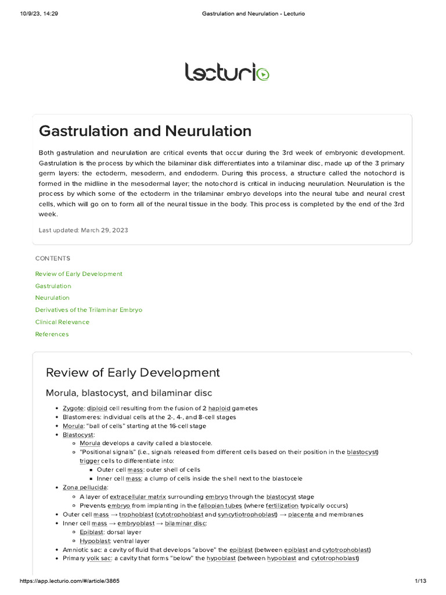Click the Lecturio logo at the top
click(226, 73)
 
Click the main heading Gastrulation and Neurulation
click(145, 131)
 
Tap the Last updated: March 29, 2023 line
click(83, 230)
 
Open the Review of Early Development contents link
click(78, 274)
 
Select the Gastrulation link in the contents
click(53, 286)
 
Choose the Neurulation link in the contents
click(52, 297)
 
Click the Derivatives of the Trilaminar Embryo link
click(88, 310)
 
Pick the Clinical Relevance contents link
click(62, 322)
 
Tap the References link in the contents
click(52, 334)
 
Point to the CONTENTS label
click(52, 258)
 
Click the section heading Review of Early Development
click(132, 372)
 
